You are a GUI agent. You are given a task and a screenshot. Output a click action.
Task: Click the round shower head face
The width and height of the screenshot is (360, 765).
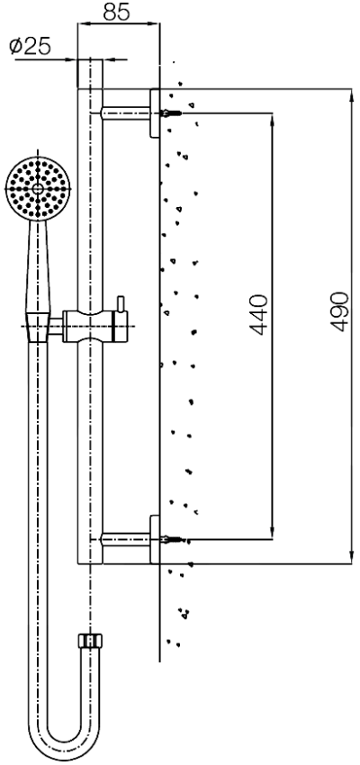pos(35,187)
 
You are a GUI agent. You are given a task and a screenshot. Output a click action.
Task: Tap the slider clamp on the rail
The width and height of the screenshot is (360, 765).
pos(90,324)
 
